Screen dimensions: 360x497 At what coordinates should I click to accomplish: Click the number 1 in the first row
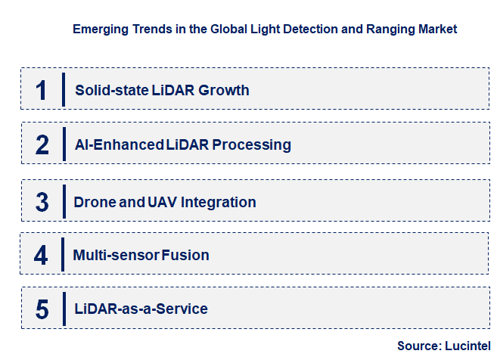41,90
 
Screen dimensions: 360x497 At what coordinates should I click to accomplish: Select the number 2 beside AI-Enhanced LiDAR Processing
42,144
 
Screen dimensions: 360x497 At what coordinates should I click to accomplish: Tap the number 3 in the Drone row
42,202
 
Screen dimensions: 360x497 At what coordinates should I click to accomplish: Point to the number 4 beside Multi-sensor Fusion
41,256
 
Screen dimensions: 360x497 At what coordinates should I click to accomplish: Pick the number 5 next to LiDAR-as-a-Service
42,309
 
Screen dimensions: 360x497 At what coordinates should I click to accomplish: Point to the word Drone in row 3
95,202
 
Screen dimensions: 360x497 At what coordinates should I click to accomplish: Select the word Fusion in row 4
185,256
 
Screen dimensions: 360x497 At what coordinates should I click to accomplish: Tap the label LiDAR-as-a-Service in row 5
141,309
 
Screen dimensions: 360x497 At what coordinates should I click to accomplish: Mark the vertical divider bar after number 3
64,202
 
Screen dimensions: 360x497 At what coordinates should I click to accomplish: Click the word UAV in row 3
160,202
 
